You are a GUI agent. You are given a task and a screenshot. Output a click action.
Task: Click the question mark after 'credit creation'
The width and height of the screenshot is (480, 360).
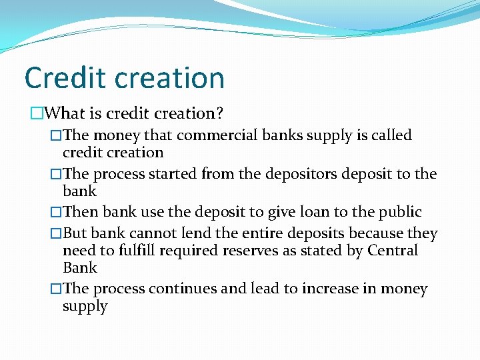coord(221,114)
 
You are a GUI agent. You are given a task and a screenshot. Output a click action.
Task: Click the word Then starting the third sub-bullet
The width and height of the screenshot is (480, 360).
coord(79,212)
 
